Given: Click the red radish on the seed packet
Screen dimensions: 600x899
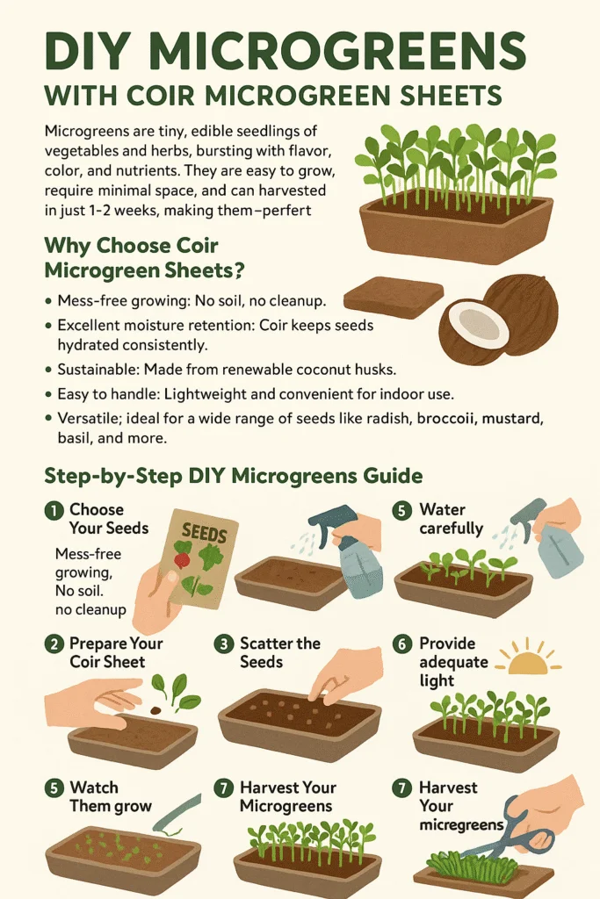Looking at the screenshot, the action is coord(183,557).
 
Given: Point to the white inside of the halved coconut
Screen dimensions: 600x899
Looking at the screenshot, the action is coord(477,323).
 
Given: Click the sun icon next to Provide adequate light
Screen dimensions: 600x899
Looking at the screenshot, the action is coord(528,660).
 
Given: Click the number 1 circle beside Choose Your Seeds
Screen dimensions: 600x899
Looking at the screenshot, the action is coord(54,510).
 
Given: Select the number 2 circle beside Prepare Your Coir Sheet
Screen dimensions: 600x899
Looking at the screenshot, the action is coord(54,644).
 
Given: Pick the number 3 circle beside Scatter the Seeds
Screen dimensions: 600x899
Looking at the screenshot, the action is coord(224,644).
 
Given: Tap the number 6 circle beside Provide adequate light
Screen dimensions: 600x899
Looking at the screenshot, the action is coord(402,644).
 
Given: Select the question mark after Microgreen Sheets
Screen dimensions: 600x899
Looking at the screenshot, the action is coord(238,270).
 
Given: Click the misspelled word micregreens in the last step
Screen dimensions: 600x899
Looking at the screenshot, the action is coord(461,825).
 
